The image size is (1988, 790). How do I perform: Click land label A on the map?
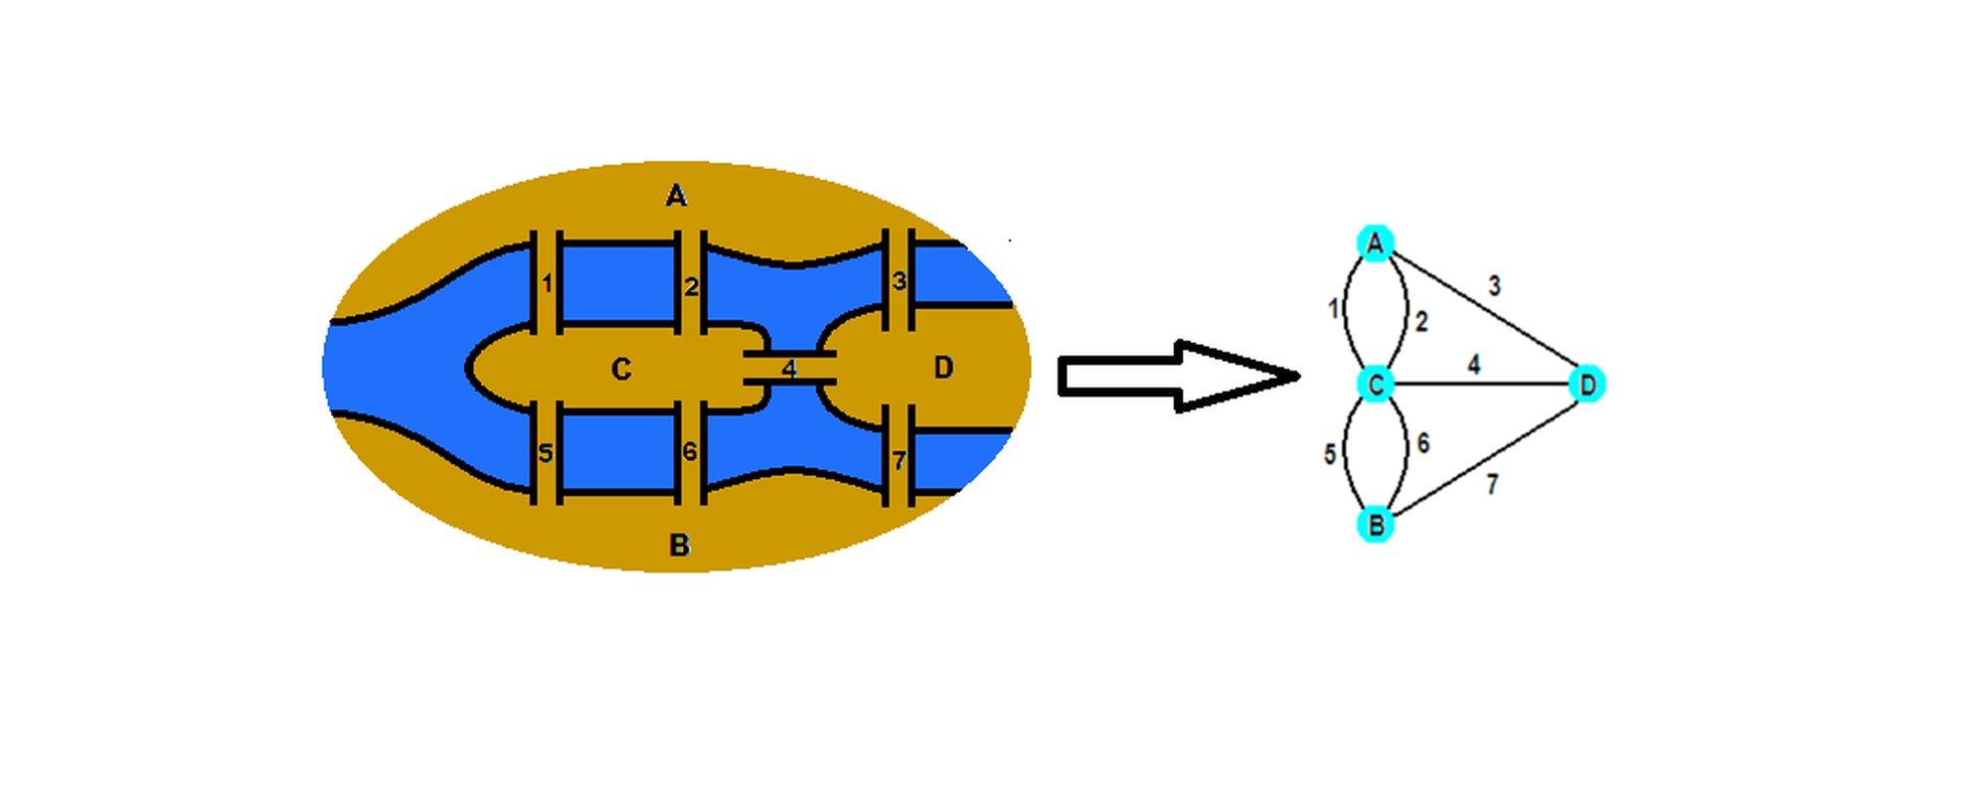(x=676, y=196)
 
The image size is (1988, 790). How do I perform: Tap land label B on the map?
(x=679, y=545)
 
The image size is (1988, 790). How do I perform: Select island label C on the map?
(x=621, y=370)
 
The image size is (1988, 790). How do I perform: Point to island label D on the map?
(x=943, y=368)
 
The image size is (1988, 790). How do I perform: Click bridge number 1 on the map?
(x=547, y=284)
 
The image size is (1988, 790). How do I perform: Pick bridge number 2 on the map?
(x=692, y=286)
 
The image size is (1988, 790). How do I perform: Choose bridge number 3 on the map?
(x=900, y=281)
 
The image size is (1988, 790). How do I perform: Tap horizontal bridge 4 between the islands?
(x=788, y=369)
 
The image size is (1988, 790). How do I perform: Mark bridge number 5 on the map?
(x=545, y=453)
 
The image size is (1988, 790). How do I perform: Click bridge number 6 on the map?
(x=690, y=451)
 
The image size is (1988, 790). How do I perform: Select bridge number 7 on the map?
(x=899, y=460)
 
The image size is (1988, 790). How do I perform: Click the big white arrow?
(x=1179, y=376)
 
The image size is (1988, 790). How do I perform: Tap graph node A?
(x=1376, y=243)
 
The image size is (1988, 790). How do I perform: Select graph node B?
(x=1376, y=524)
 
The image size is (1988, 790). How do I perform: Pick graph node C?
(x=1376, y=384)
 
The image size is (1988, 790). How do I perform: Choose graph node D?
(x=1586, y=384)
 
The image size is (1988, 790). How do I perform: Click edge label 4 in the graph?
(x=1474, y=365)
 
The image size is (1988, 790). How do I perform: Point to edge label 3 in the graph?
(x=1494, y=286)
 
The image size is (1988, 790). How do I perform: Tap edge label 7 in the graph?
(x=1492, y=484)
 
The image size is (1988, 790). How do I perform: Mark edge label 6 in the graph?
(x=1423, y=443)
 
